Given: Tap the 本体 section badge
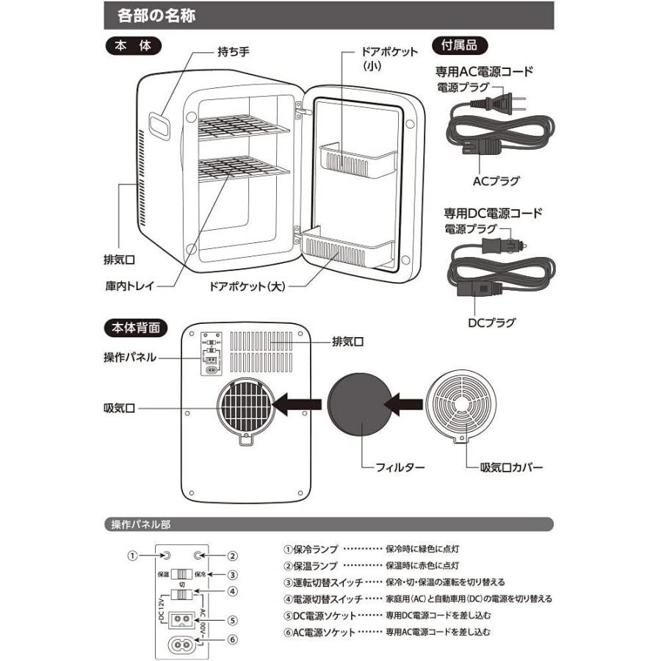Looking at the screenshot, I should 132,46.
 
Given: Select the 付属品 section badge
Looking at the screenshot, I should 459,46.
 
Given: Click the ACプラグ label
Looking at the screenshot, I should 496,178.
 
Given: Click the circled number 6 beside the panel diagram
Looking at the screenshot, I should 232,638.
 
